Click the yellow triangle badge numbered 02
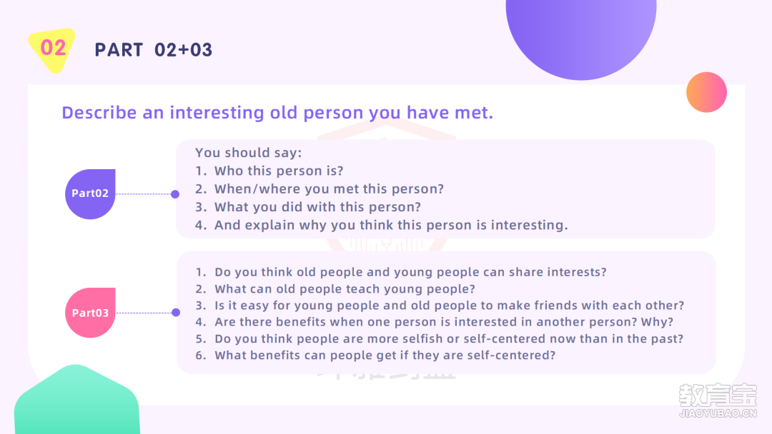click(x=52, y=49)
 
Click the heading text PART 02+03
click(x=154, y=50)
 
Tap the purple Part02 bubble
click(x=90, y=193)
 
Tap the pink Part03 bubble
click(x=90, y=313)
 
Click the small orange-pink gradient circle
click(x=706, y=92)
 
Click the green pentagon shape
click(x=76, y=400)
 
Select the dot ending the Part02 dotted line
click(x=175, y=194)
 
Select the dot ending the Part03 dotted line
click(x=176, y=313)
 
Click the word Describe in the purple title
click(x=99, y=113)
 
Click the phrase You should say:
click(x=249, y=153)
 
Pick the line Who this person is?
click(x=279, y=171)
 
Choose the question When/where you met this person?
click(x=329, y=189)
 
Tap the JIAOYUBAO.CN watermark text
click(x=718, y=413)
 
